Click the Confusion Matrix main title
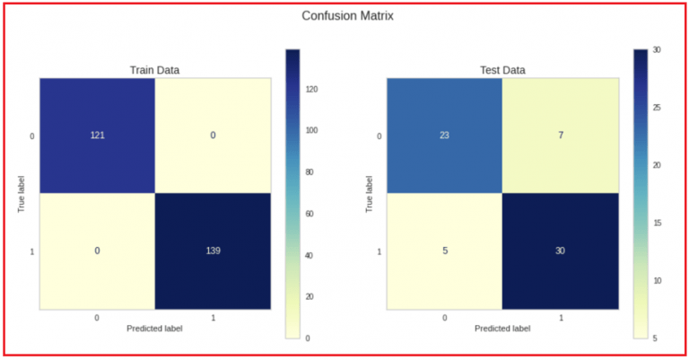click(347, 15)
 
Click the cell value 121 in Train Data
click(96, 136)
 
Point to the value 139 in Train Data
click(212, 250)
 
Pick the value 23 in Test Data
click(444, 136)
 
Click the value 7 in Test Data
click(560, 136)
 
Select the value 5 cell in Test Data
click(444, 250)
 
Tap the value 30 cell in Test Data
click(560, 250)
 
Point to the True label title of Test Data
click(369, 193)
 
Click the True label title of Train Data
click(21, 193)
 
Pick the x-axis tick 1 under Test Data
click(560, 318)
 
